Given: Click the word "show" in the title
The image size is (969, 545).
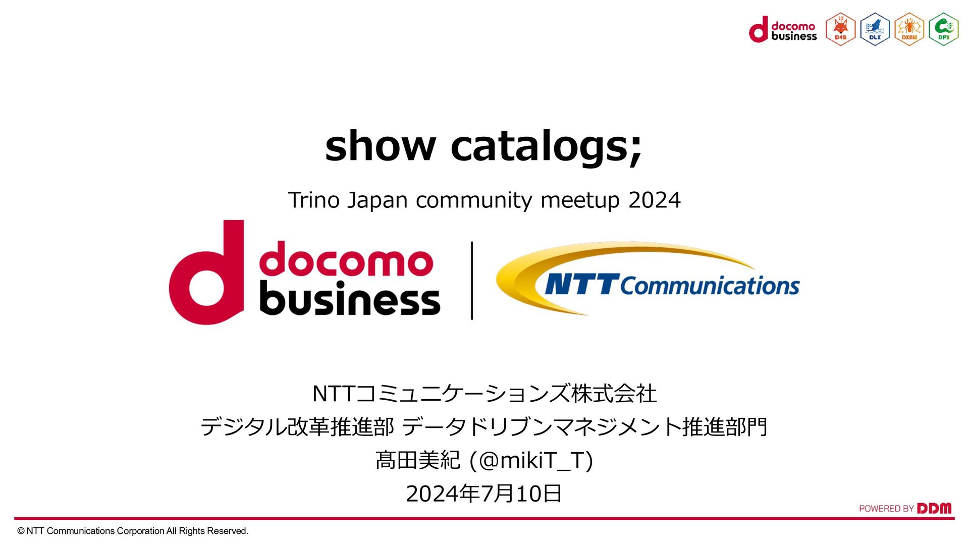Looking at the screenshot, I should [x=380, y=146].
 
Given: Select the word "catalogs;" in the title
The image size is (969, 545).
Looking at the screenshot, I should [x=546, y=147].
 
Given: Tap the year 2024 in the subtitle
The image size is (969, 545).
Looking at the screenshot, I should [x=655, y=200].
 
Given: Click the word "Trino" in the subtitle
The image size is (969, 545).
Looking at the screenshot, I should [x=313, y=200].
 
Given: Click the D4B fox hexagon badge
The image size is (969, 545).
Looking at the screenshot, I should [x=840, y=29].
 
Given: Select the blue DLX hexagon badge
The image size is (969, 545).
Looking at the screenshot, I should [x=875, y=29].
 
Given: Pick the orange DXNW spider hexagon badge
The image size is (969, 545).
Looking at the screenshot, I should [x=909, y=29].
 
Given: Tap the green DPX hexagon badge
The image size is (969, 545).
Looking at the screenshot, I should [x=943, y=29].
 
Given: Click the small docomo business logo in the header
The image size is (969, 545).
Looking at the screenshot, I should [x=783, y=30].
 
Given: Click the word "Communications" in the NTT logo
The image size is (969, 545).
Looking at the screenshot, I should [x=710, y=286].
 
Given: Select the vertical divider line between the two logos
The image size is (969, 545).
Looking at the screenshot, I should [x=472, y=281].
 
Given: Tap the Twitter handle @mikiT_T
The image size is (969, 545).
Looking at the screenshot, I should [x=531, y=460].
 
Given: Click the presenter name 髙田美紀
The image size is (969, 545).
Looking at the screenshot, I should [x=417, y=460].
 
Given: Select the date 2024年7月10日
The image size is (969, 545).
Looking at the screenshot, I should [x=483, y=494].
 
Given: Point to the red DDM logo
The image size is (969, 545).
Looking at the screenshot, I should [x=934, y=508].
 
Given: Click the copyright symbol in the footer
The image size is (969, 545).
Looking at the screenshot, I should [x=21, y=531].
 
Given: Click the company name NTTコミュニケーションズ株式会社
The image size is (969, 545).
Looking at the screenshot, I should [x=484, y=394].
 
